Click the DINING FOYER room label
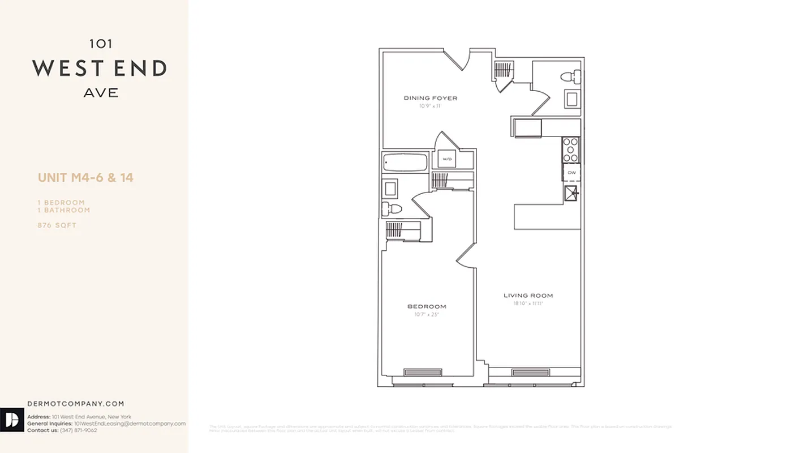click(430, 98)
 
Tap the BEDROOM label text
click(427, 306)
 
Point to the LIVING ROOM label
click(528, 295)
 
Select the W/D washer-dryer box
click(447, 159)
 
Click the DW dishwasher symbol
click(571, 172)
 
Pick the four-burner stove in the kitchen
click(571, 150)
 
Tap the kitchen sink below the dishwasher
click(571, 194)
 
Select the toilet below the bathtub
click(392, 209)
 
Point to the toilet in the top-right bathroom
click(570, 76)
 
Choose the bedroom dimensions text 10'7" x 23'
click(427, 314)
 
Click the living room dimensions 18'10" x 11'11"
click(528, 304)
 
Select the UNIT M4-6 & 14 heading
click(85, 178)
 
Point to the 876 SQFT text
click(57, 225)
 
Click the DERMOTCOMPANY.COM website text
click(75, 404)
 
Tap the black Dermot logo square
click(12, 420)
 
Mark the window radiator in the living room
click(530, 372)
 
